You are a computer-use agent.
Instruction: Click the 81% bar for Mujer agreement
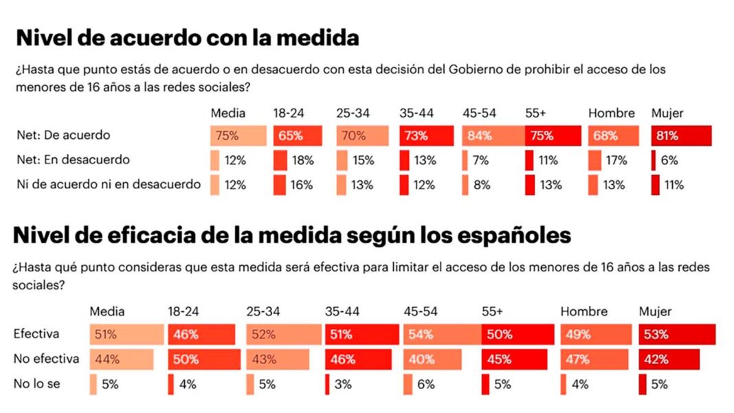(x=680, y=136)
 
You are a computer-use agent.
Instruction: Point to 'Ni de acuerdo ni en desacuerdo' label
(x=108, y=184)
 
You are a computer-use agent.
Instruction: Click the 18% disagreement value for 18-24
(x=302, y=160)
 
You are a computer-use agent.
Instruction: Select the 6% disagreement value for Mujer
(x=669, y=160)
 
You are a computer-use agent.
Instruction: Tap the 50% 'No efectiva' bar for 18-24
(x=203, y=359)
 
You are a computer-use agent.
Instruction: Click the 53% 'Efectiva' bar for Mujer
(x=676, y=335)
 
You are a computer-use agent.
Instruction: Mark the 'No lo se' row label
(x=35, y=384)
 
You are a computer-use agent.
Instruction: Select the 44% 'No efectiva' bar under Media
(x=121, y=359)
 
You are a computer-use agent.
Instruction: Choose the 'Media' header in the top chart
(x=227, y=113)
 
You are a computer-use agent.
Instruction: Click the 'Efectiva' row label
(x=36, y=335)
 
